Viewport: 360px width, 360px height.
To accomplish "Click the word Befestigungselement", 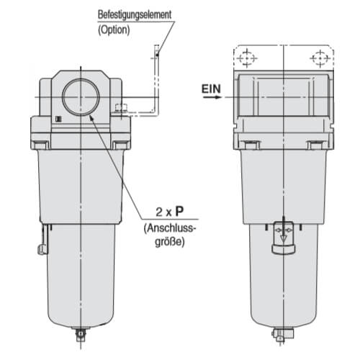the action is (135, 14).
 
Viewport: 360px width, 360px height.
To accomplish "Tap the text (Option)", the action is (114, 30).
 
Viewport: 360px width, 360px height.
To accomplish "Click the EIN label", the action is (211, 89).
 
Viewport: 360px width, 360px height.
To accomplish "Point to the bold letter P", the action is (179, 212).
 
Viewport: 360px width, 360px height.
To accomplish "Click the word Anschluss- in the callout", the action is (170, 228).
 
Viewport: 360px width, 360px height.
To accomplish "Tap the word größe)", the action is (170, 242).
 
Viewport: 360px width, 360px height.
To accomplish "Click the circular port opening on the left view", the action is (81, 97).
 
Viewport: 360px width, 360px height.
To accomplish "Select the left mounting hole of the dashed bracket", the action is (247, 58).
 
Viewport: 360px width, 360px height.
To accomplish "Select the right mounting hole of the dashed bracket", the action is (320, 58).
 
